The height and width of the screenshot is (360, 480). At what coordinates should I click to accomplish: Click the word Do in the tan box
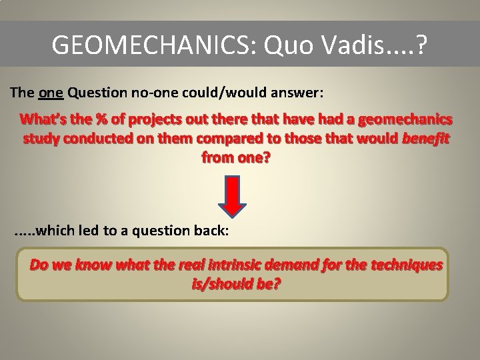click(39, 265)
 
